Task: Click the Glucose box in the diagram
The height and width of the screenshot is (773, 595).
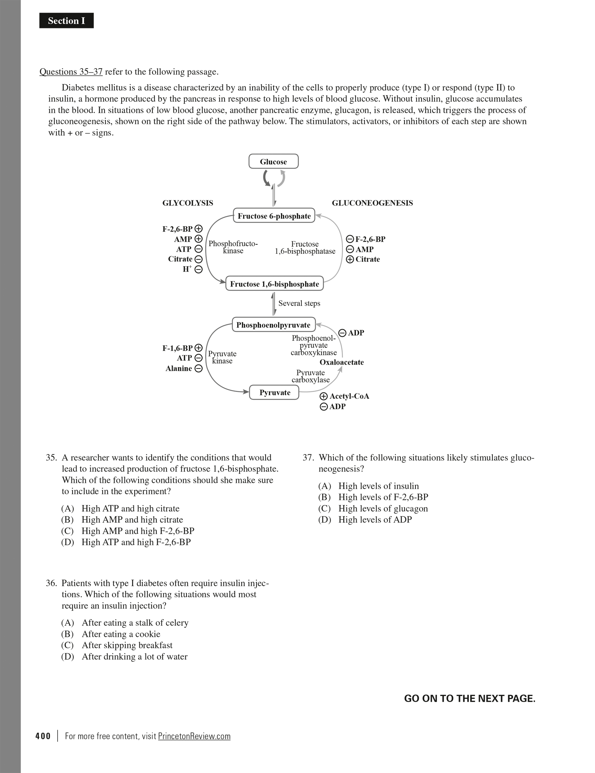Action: [x=273, y=162]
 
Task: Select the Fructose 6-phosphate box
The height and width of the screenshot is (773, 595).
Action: [x=274, y=216]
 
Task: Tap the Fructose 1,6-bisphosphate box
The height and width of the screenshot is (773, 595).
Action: [x=274, y=284]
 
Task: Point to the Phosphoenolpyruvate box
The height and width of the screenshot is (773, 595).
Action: [x=273, y=325]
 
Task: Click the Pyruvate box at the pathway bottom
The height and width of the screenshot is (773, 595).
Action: [x=274, y=392]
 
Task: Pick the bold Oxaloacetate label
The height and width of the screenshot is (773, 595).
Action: [x=341, y=362]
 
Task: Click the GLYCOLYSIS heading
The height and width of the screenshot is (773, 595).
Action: [x=188, y=203]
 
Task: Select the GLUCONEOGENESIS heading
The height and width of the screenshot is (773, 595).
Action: [x=372, y=203]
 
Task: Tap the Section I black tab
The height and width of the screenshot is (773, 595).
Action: [x=66, y=21]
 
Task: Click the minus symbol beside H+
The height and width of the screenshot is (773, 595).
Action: [x=198, y=269]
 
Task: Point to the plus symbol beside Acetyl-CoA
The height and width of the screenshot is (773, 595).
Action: [x=324, y=396]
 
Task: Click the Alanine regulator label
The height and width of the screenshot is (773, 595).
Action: [x=178, y=369]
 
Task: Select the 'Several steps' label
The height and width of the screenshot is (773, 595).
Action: [x=299, y=303]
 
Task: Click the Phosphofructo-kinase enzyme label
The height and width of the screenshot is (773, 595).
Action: [x=233, y=247]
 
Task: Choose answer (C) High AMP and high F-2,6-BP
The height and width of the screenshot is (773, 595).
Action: [x=128, y=531]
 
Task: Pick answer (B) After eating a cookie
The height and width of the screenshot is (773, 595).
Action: [x=111, y=634]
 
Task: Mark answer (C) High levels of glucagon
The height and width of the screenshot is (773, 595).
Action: [x=373, y=508]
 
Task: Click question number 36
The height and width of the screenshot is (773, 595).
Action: [x=51, y=583]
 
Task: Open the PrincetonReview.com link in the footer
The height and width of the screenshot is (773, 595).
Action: [x=194, y=736]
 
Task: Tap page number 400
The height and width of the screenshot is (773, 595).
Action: [x=43, y=736]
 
